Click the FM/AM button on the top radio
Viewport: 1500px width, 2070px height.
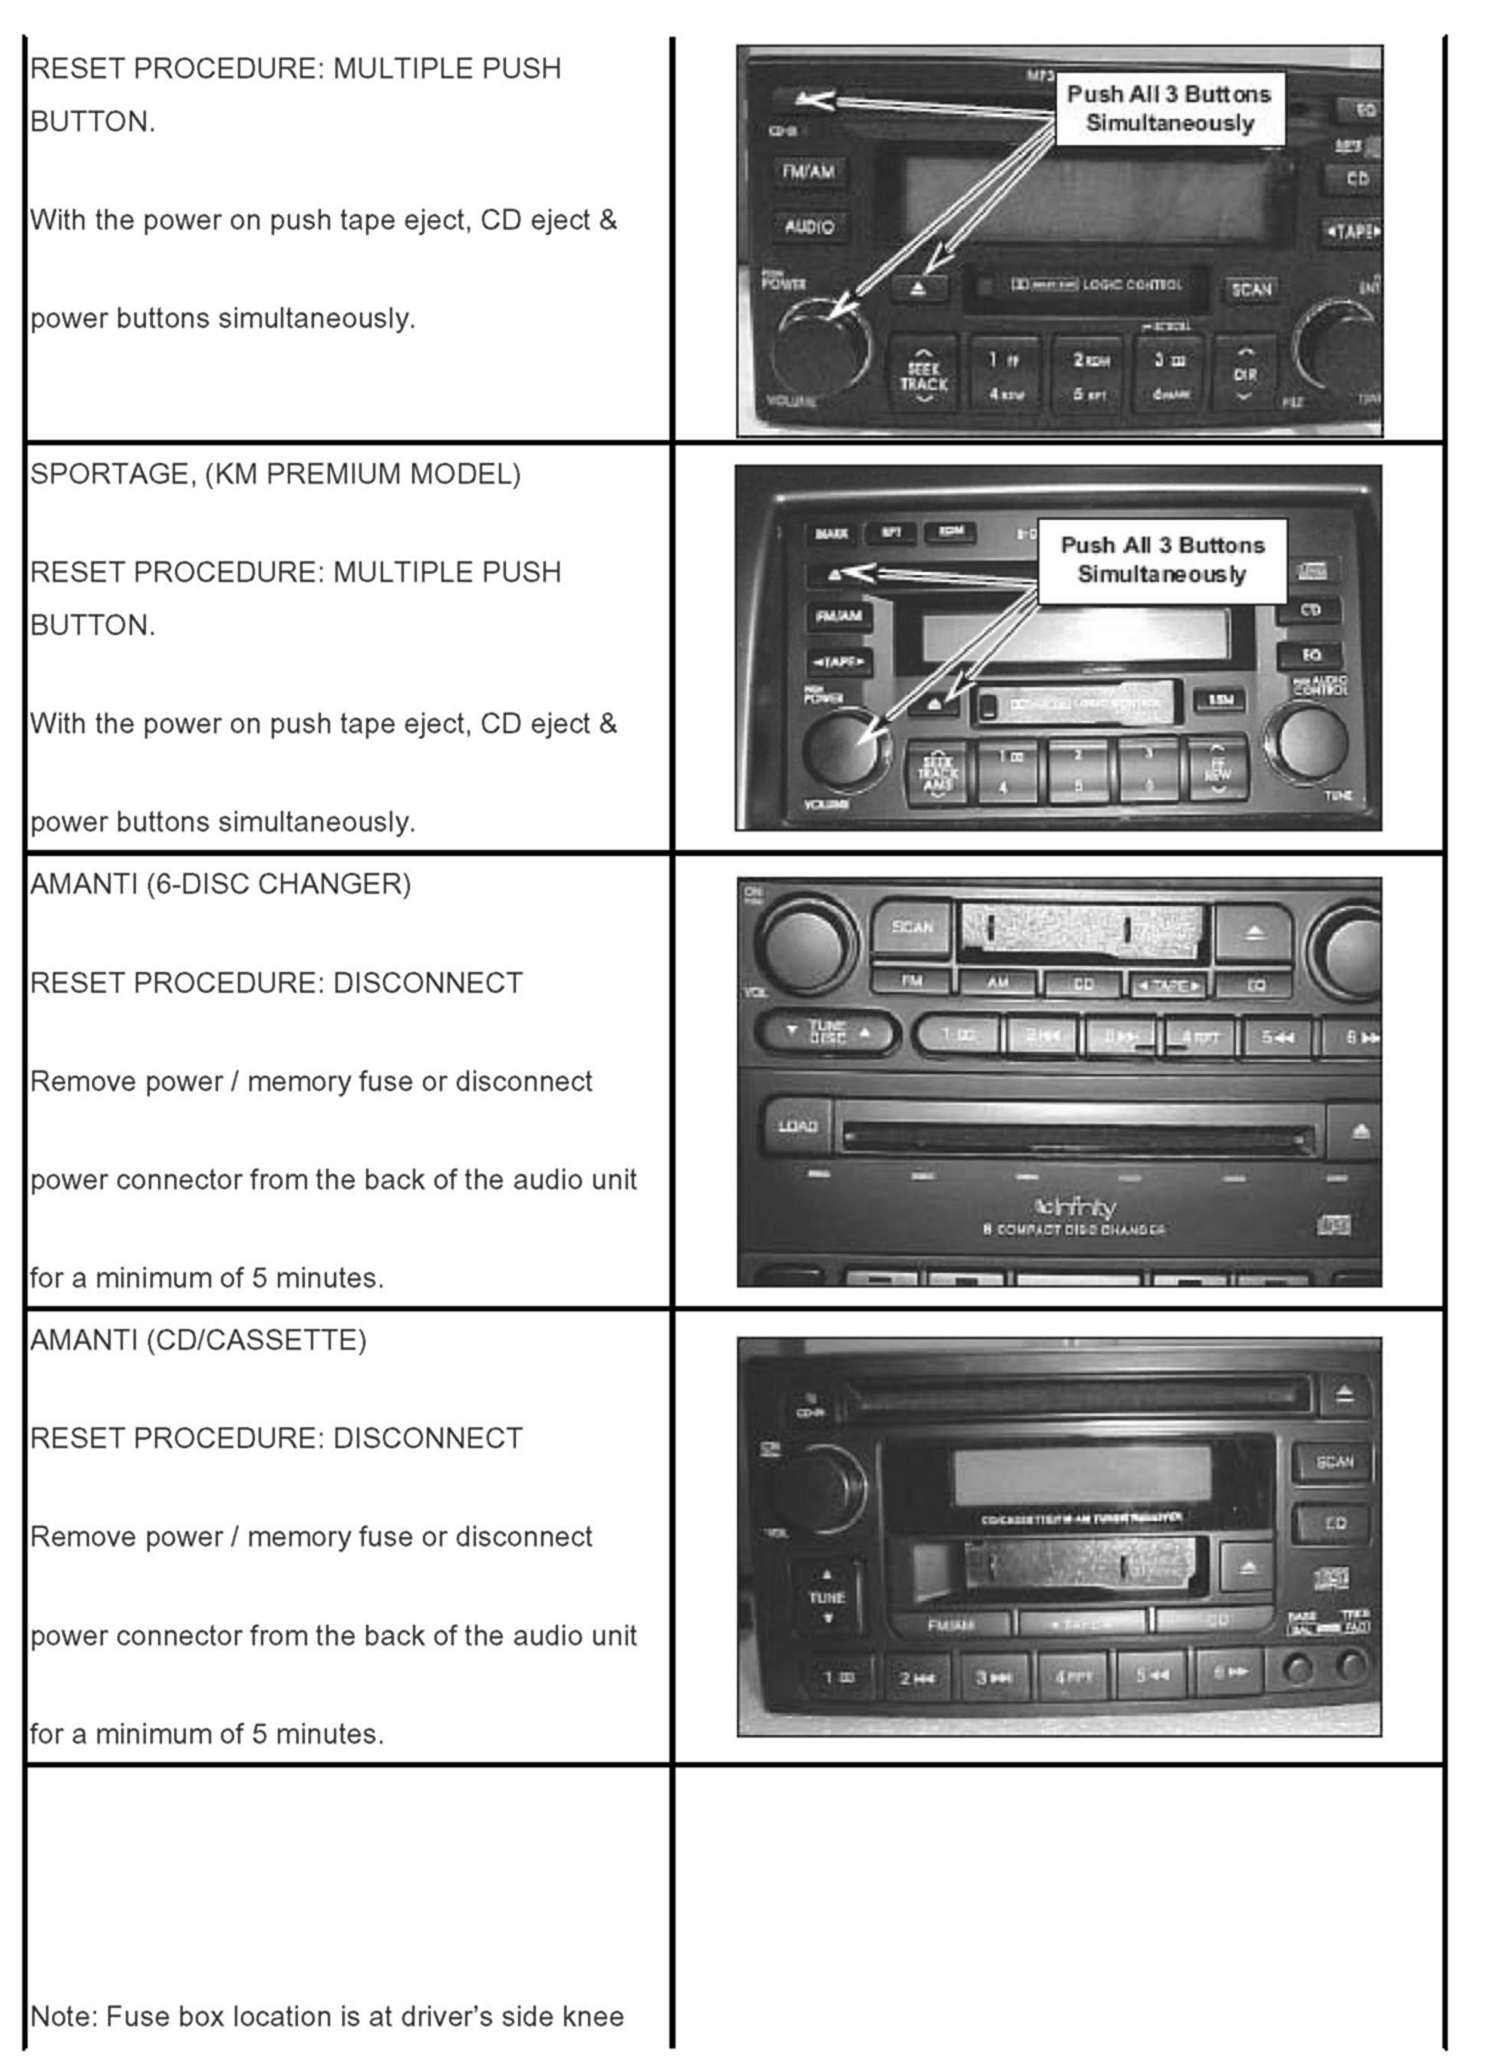[x=808, y=171]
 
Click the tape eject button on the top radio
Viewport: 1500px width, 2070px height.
[x=918, y=289]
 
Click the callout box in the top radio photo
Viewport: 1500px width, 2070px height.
[x=1169, y=108]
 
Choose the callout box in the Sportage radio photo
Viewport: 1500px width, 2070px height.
[x=1161, y=560]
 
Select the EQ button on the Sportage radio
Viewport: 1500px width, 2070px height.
[x=1310, y=654]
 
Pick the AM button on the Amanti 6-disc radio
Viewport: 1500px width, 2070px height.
[x=997, y=982]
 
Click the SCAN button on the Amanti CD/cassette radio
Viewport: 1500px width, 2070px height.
[x=1334, y=1461]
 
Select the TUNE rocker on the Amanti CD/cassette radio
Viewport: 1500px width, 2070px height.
[x=827, y=1596]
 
